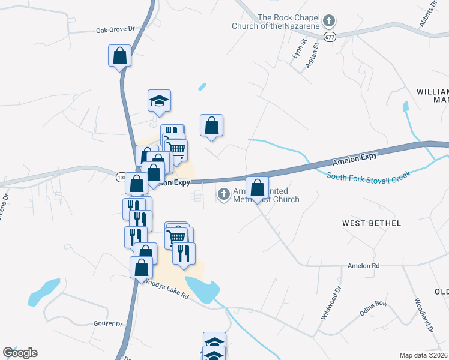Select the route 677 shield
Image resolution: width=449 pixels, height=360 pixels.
tap(329, 37)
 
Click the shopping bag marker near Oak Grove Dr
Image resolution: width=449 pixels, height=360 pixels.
tap(120, 56)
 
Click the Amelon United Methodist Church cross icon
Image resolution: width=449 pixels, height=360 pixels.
tap(223, 194)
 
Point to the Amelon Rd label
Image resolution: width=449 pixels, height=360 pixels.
tap(364, 265)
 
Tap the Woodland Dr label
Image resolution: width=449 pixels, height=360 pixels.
tap(423, 316)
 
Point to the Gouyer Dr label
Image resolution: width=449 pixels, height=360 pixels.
tap(107, 324)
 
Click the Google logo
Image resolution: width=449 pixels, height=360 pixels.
tap(20, 353)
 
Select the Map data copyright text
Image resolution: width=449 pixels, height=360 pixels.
tap(423, 355)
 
